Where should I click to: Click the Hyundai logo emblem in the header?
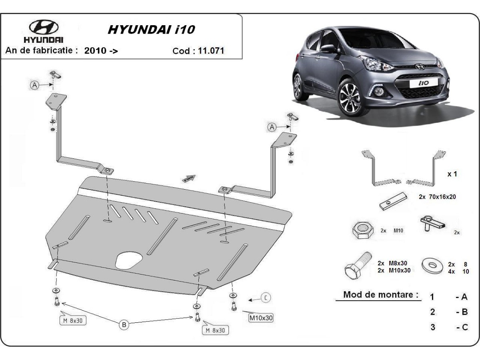(44, 27)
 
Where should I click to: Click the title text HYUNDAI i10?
(151, 30)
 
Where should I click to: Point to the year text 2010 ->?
(101, 51)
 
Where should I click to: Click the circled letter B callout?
(124, 325)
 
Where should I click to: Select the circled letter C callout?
(266, 297)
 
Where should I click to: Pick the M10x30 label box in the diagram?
(261, 318)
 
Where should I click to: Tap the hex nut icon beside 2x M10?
(362, 231)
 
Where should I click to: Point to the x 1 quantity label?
(452, 174)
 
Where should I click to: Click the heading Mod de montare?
(381, 295)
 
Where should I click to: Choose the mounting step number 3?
(432, 327)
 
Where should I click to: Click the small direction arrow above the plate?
(189, 178)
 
